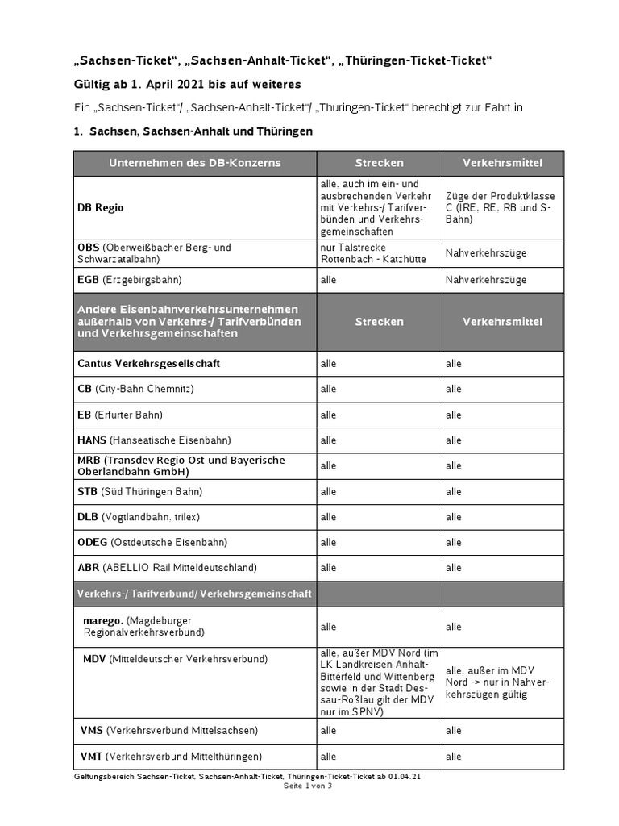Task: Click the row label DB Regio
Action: pyautogui.click(x=100, y=208)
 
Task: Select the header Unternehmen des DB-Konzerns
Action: pyautogui.click(x=195, y=163)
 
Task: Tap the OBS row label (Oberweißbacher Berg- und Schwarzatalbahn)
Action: pyautogui.click(x=154, y=253)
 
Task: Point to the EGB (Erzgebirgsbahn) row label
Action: pyautogui.click(x=130, y=280)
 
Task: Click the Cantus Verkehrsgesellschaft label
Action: pyautogui.click(x=148, y=364)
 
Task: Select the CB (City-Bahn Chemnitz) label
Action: pyautogui.click(x=135, y=389)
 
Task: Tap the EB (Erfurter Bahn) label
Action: pyautogui.click(x=120, y=415)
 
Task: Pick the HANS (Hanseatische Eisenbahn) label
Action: pyautogui.click(x=154, y=440)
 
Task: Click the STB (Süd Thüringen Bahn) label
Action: pyautogui.click(x=139, y=491)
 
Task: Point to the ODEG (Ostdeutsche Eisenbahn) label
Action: pyautogui.click(x=152, y=543)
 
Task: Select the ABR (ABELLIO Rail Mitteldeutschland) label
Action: pyautogui.click(x=167, y=568)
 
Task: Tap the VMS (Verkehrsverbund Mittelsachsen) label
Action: pyautogui.click(x=169, y=731)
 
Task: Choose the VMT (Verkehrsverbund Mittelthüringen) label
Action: pyautogui.click(x=171, y=757)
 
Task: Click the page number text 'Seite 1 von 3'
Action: pyautogui.click(x=309, y=786)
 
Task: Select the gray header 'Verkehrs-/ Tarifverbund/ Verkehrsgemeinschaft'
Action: pyautogui.click(x=194, y=594)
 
